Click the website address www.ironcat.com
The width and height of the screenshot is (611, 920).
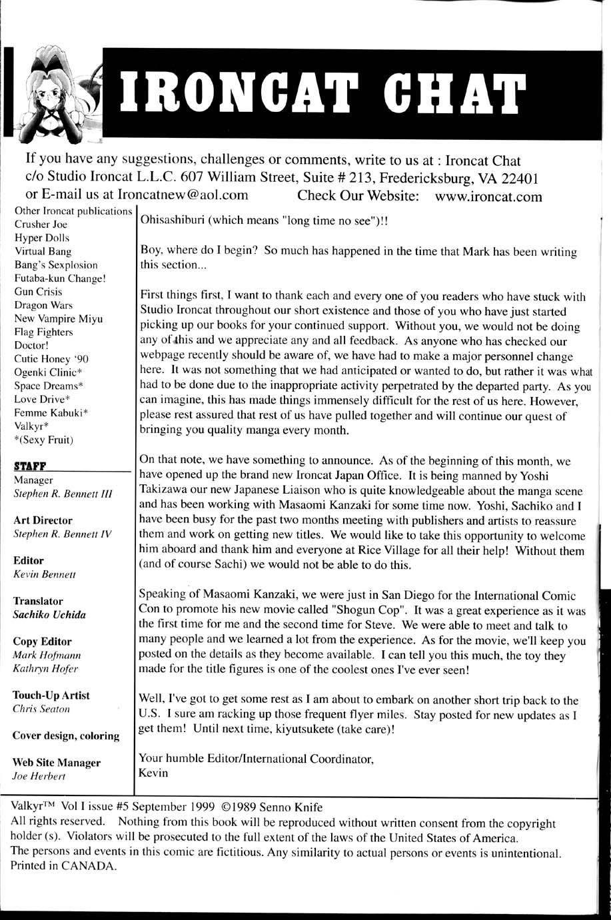click(488, 197)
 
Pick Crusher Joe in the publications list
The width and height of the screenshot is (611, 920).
click(41, 225)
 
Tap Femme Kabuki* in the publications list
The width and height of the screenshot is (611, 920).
click(51, 413)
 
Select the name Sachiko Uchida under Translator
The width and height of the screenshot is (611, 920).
click(49, 615)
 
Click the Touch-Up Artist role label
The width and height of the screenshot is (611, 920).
click(51, 695)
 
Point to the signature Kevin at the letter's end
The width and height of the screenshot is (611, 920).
click(153, 773)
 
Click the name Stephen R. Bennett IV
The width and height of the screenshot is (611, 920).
click(63, 534)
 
